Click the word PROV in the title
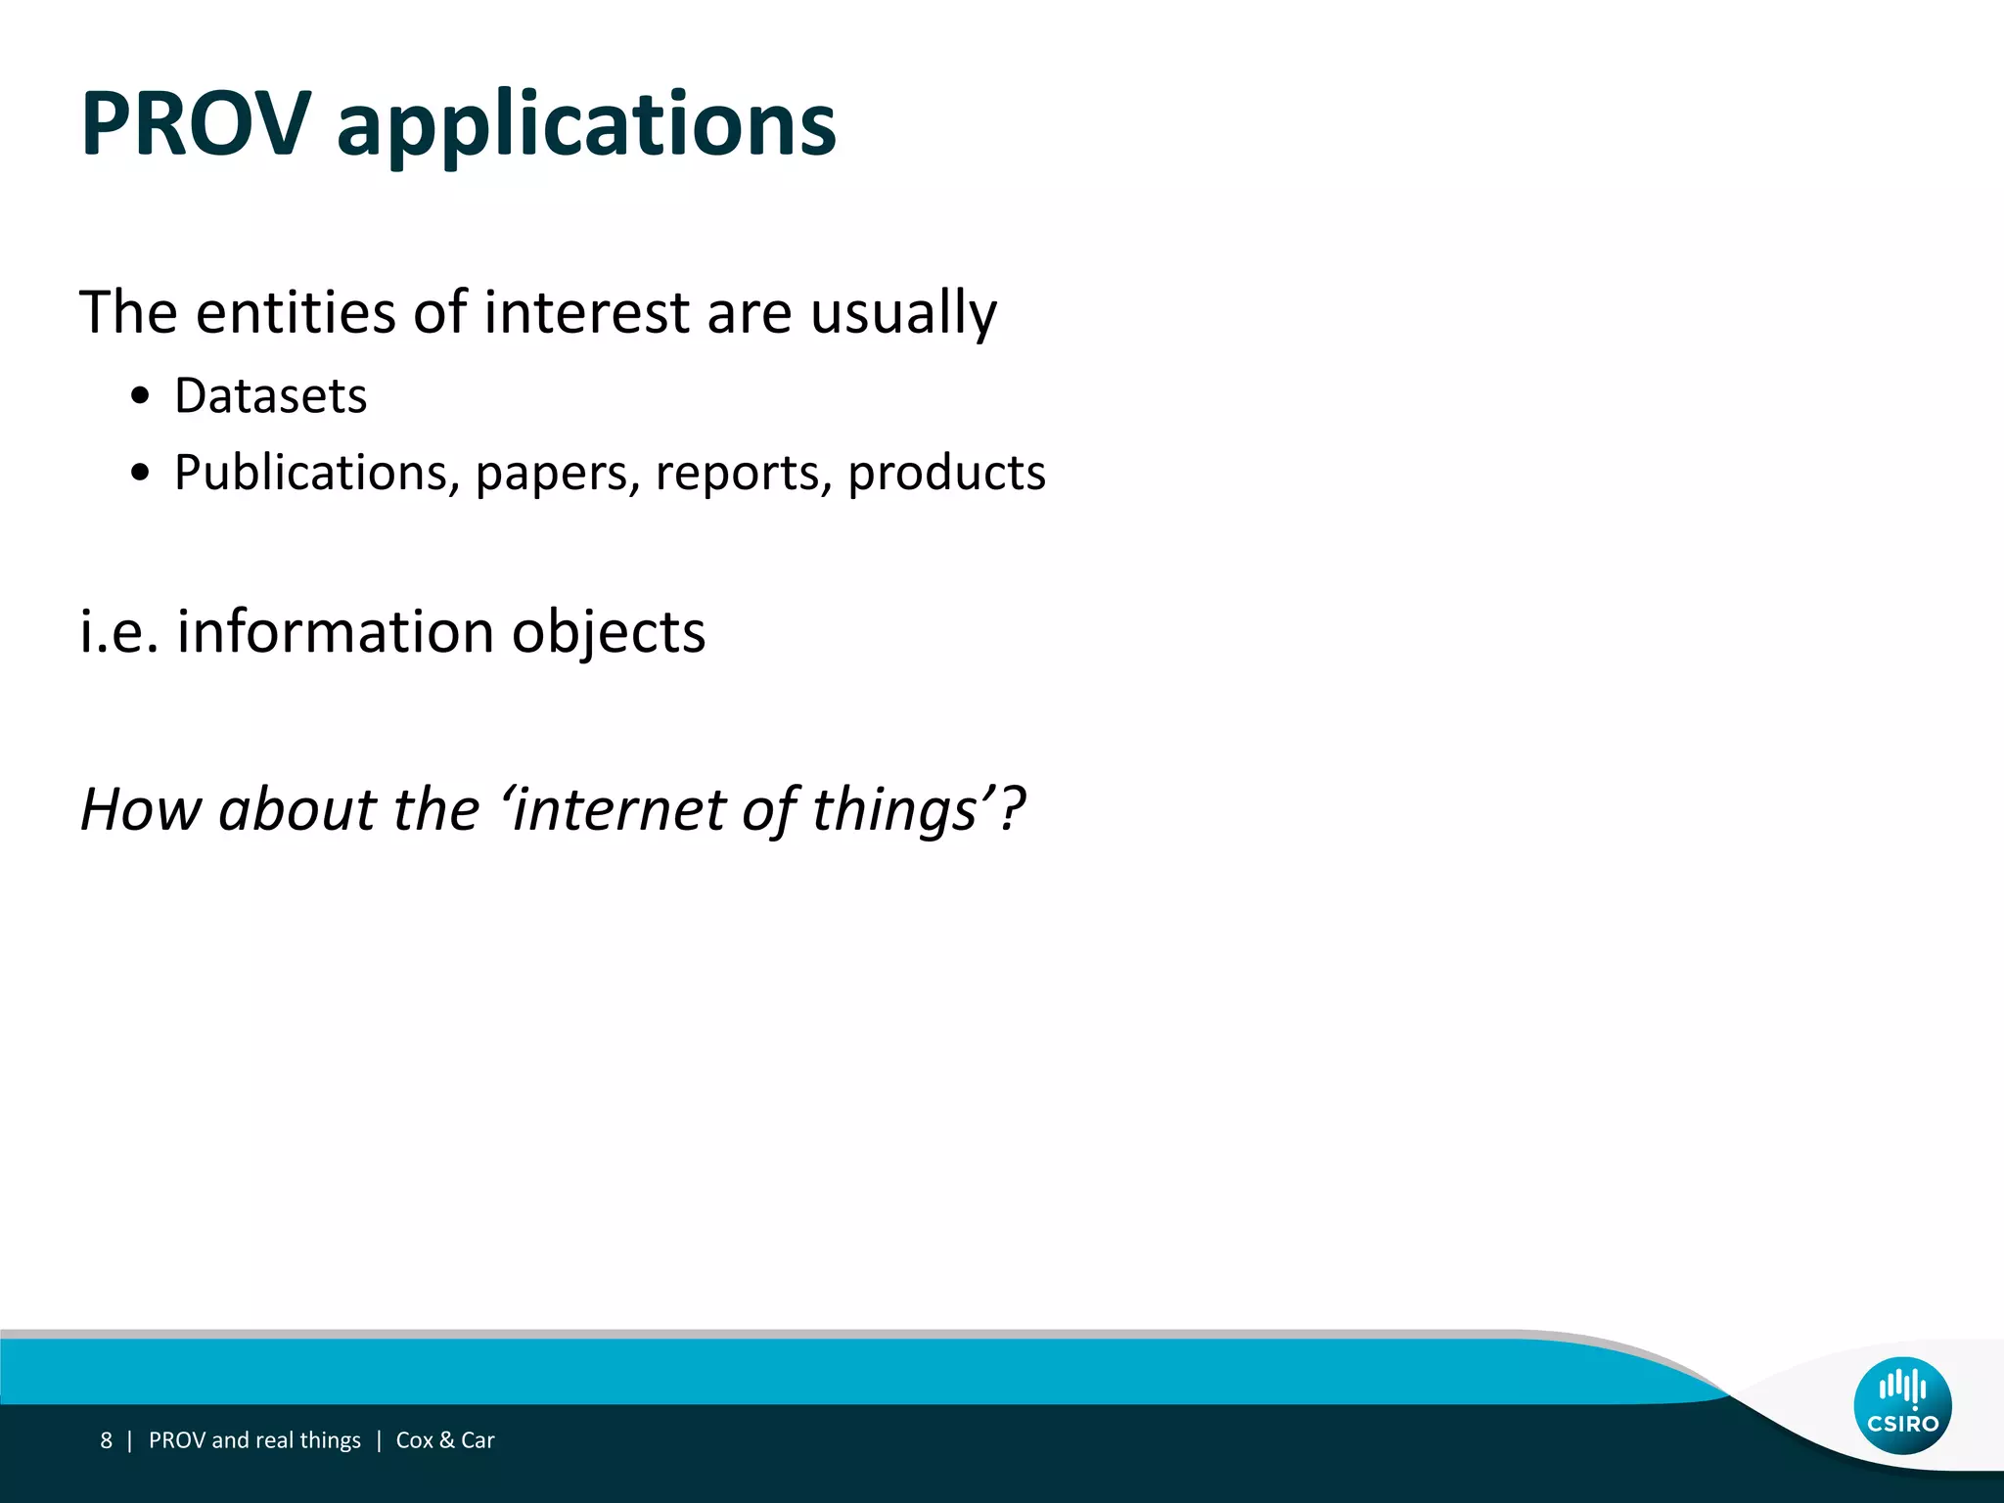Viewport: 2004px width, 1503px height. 196,124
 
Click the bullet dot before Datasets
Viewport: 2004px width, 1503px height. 141,396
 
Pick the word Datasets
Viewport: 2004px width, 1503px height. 270,396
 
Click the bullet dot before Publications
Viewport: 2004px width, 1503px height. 141,473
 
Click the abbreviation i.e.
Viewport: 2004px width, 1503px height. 118,631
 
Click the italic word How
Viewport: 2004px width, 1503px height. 141,810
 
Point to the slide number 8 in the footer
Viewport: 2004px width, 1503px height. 106,1440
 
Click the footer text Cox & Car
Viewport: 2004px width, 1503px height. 445,1440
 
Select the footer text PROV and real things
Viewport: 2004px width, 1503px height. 254,1440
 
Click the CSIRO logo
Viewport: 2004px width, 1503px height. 1902,1405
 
